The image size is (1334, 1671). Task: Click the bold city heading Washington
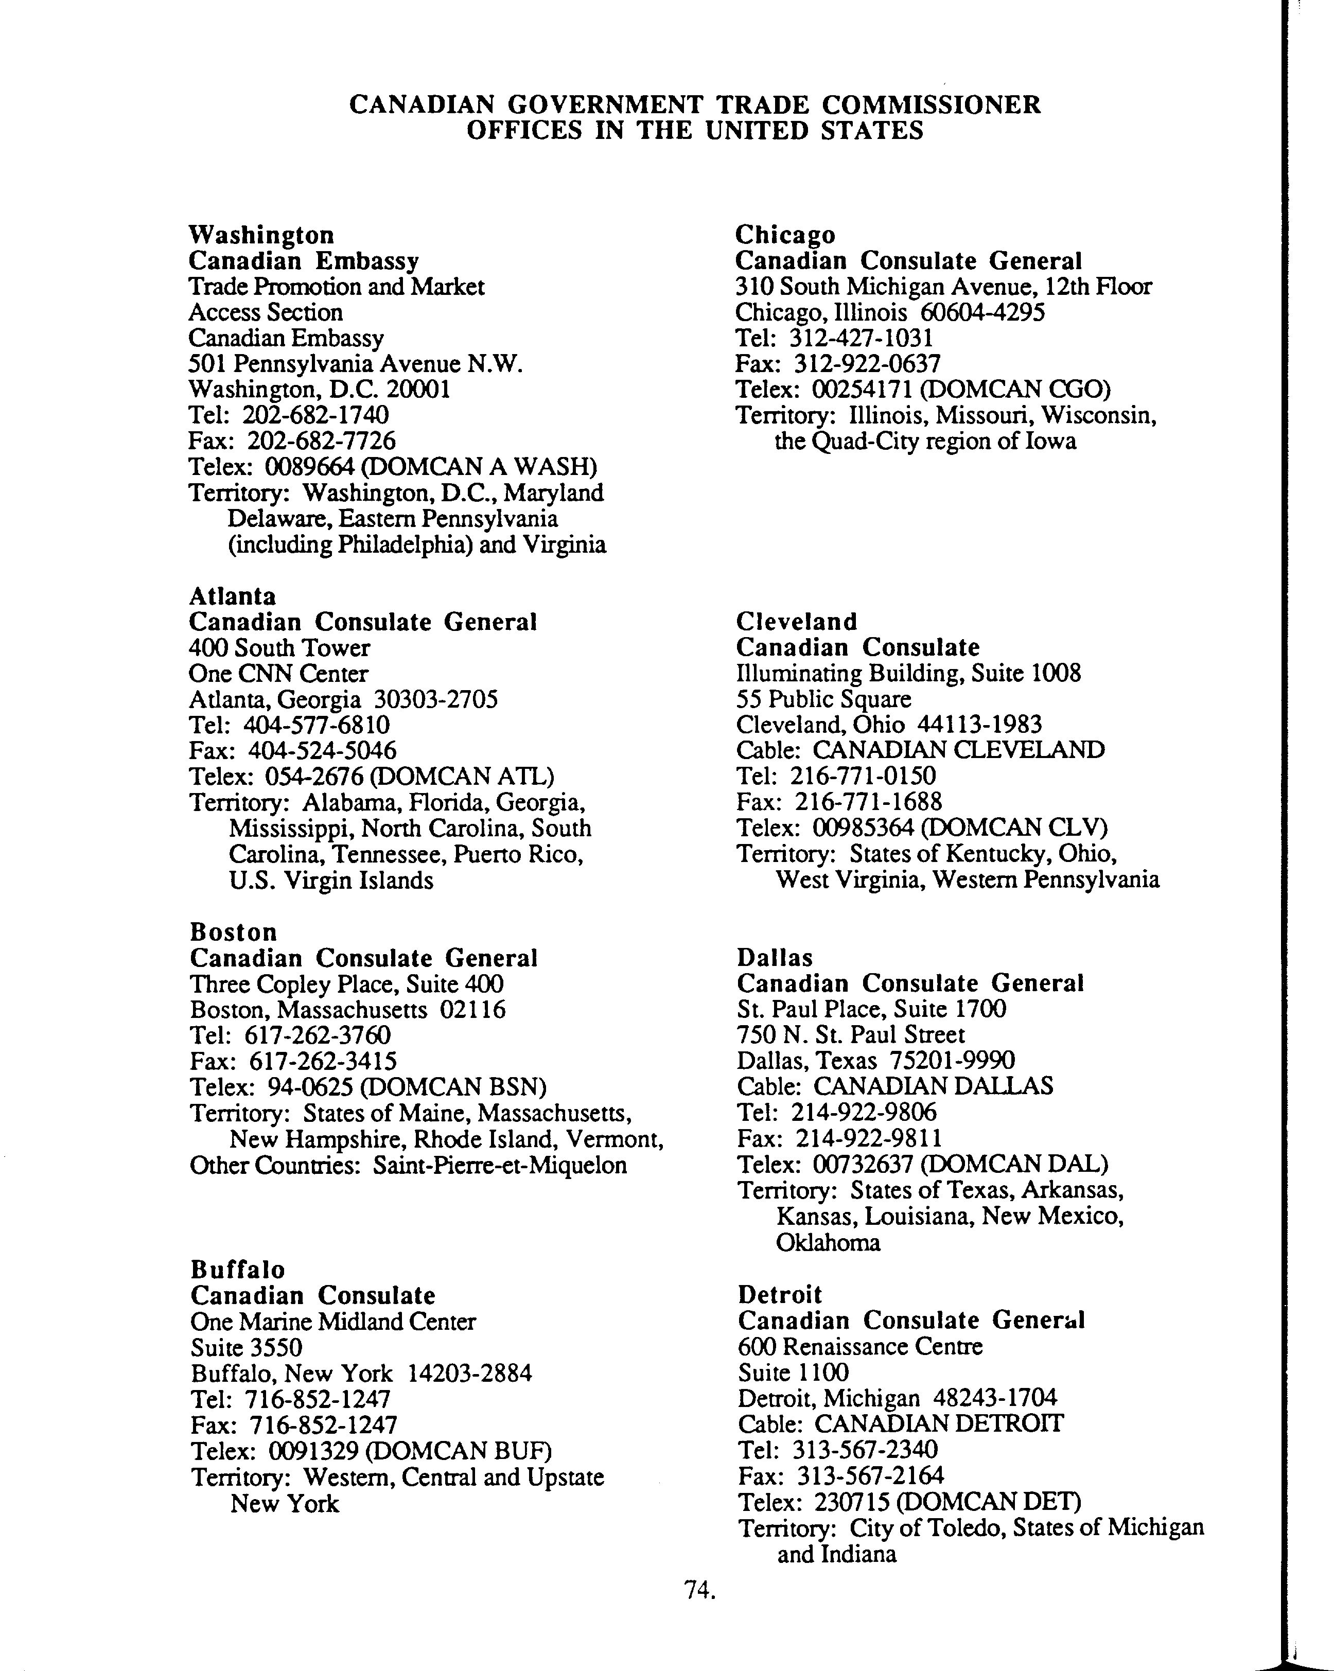click(x=261, y=234)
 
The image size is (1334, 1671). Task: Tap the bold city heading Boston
click(x=233, y=931)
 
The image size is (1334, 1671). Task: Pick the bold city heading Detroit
click(x=780, y=1294)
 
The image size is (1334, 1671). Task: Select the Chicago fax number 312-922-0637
click(x=865, y=363)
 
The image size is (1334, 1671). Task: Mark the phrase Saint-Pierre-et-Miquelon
click(x=500, y=1166)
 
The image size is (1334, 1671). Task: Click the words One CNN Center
click(x=279, y=674)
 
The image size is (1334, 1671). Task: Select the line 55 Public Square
click(x=823, y=699)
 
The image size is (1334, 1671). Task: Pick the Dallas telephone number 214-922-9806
click(x=864, y=1112)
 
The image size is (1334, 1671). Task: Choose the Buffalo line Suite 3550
click(x=247, y=1347)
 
